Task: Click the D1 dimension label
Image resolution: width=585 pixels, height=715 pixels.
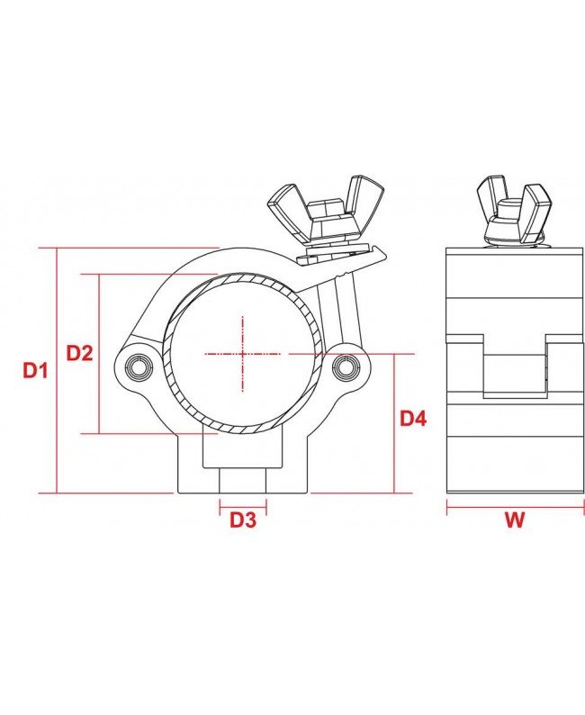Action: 35,369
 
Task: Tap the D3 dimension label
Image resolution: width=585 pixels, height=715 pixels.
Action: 243,520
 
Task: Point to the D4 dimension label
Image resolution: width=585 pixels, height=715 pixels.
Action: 414,418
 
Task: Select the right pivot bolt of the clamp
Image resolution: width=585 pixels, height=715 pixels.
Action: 345,366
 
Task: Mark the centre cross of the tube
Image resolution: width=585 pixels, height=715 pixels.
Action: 243,354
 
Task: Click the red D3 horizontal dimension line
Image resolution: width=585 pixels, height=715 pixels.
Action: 244,506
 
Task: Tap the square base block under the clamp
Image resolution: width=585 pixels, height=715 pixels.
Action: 244,465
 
